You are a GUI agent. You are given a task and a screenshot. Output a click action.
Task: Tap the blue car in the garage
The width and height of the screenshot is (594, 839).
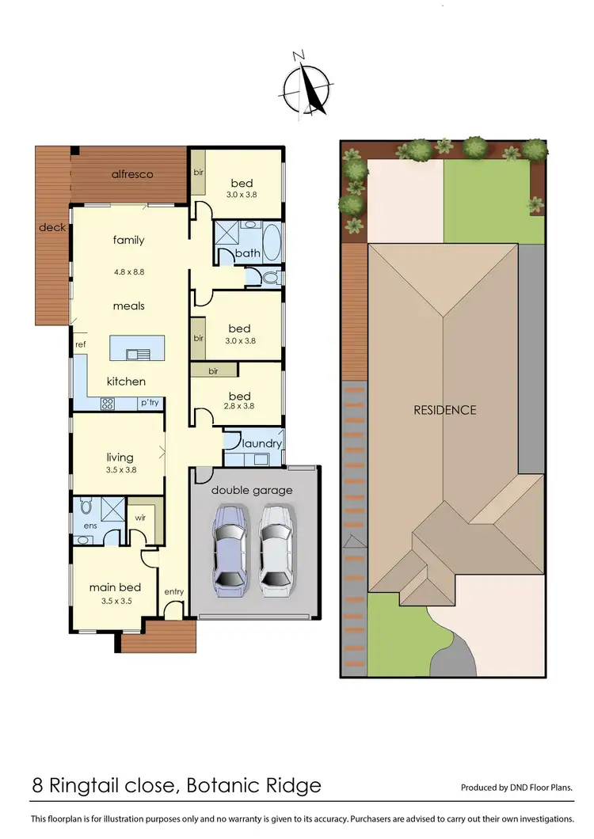229,552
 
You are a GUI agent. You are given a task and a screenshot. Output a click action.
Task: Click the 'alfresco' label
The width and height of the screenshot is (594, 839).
131,173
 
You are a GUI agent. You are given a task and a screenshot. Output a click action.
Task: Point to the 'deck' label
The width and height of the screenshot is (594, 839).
53,228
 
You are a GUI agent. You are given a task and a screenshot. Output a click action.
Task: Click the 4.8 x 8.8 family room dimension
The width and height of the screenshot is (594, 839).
128,271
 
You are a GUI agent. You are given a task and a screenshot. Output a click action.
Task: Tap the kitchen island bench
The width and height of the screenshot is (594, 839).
138,347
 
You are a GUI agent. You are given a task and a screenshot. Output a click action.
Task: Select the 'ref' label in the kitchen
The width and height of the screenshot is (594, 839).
80,345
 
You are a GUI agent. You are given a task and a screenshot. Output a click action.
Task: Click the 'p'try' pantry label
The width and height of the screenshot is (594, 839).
150,403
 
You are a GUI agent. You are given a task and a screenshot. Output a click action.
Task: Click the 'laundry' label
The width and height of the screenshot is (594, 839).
262,443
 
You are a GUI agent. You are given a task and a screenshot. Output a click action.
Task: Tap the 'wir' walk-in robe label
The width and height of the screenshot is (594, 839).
140,517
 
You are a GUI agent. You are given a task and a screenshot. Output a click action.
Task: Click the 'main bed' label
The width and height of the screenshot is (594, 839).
115,587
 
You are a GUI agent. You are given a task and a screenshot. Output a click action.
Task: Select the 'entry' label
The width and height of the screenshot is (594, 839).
173,591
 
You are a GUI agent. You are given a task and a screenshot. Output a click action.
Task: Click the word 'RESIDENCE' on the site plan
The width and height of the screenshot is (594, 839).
445,410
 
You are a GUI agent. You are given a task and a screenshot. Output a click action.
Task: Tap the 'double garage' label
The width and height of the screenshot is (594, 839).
252,490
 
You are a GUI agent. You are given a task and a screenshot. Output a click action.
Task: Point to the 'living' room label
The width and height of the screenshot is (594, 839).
120,457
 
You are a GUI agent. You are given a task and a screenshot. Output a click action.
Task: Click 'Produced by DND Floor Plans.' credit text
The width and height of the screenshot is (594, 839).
516,788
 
